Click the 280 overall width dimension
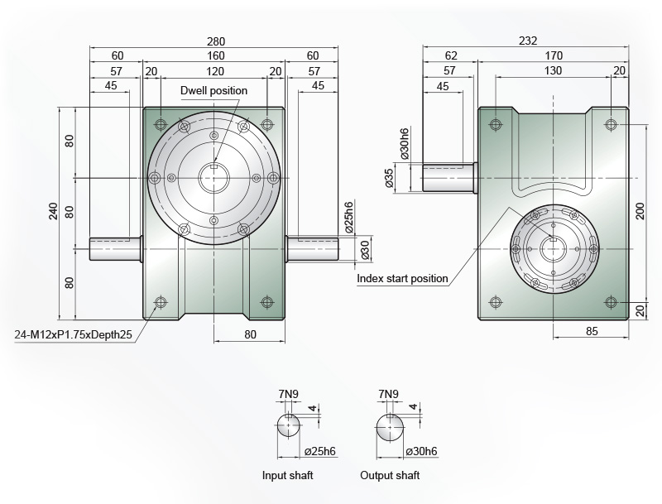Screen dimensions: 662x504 (216, 41)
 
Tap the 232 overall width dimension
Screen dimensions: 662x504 (528, 41)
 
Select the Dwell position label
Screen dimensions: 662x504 (213, 91)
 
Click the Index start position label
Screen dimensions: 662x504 (402, 279)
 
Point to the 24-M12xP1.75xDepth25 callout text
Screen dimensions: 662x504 (74, 334)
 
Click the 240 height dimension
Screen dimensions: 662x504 (54, 212)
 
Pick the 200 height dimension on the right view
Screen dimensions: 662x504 (640, 211)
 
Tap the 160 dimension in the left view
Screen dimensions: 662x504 (216, 55)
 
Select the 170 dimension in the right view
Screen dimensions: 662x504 (554, 55)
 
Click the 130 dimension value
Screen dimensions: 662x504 (553, 70)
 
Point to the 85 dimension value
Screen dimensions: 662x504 (592, 331)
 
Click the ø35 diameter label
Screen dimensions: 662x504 (389, 178)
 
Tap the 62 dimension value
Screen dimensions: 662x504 (451, 55)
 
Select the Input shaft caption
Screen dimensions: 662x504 (287, 476)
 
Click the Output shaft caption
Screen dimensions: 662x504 (390, 476)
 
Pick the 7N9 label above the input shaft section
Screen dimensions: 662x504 (288, 394)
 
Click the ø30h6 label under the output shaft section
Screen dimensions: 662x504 (421, 451)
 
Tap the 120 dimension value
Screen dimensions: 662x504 (214, 71)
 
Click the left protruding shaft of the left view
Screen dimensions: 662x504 (115, 249)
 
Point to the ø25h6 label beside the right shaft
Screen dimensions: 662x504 (348, 218)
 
